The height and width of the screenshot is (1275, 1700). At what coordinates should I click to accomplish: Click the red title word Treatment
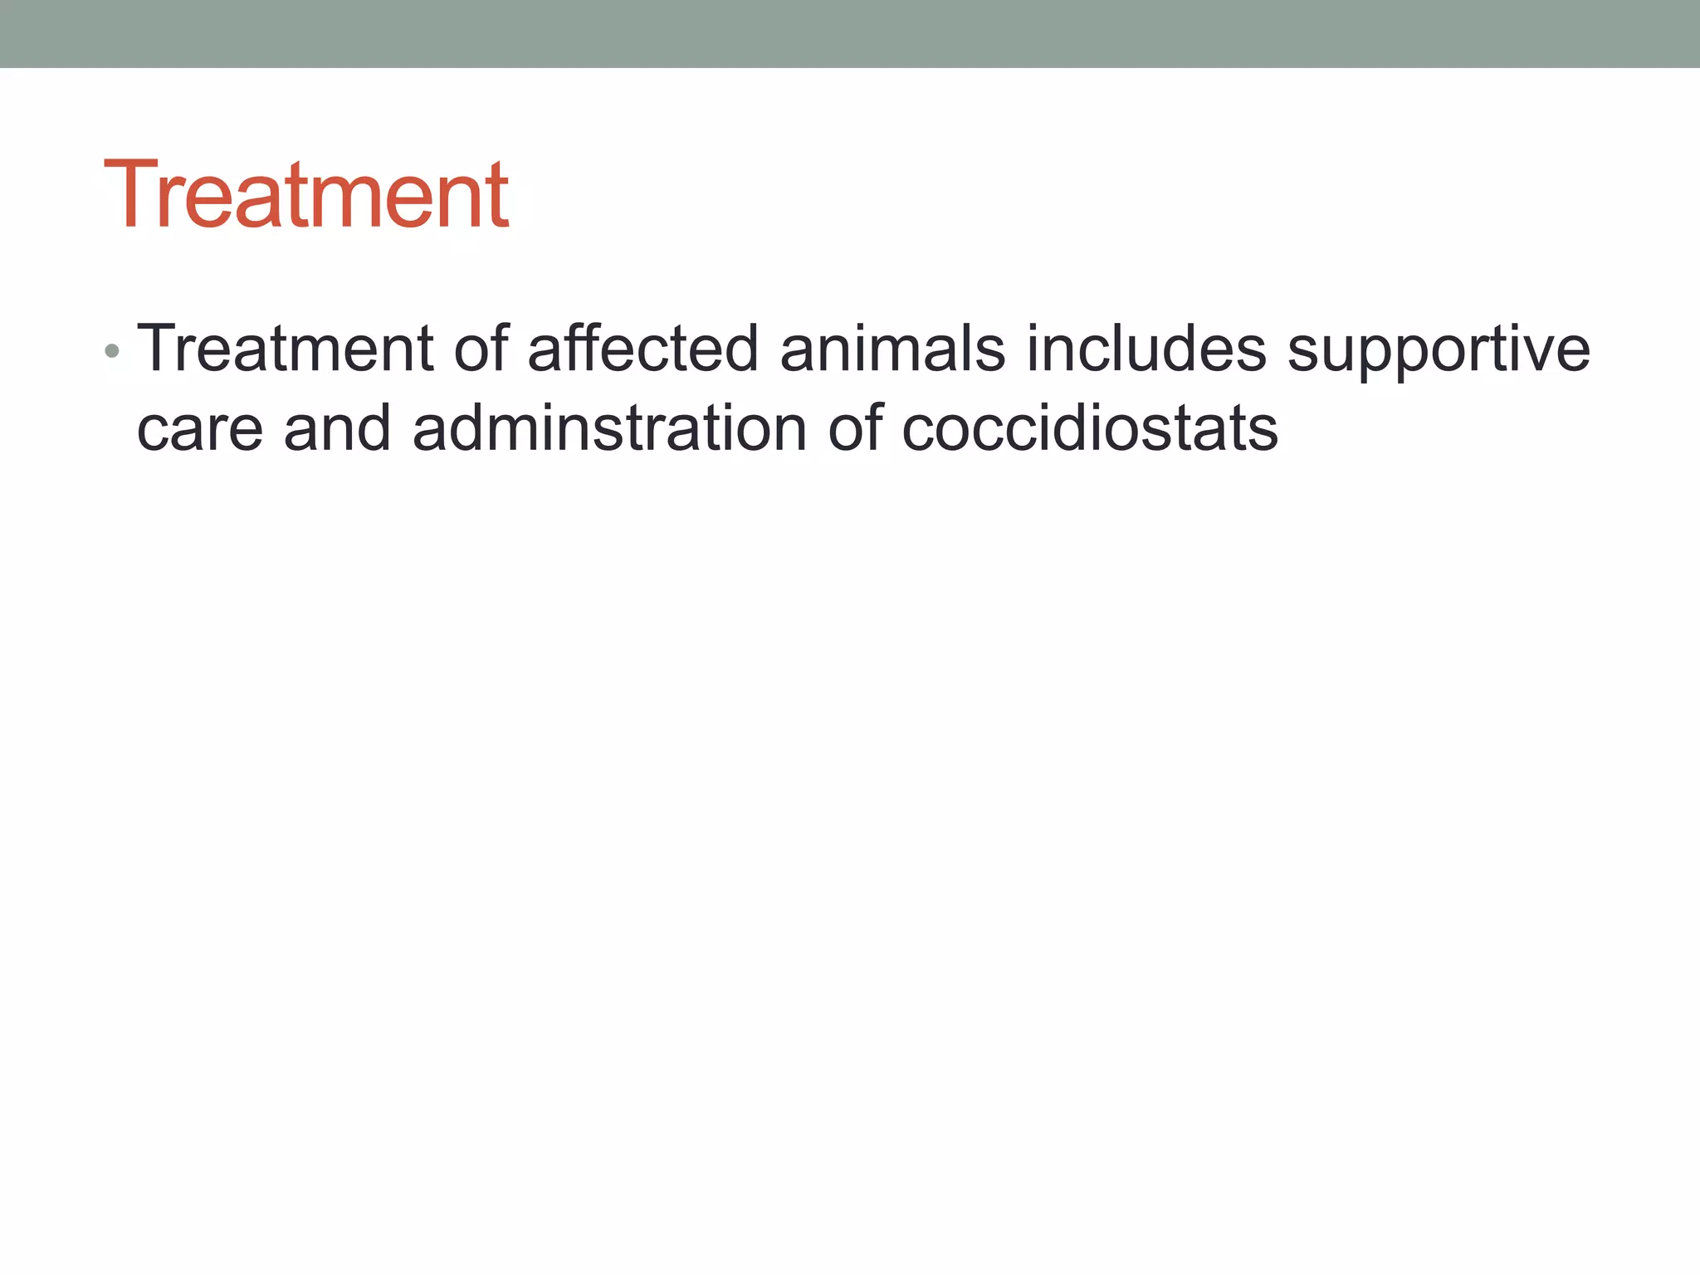pyautogui.click(x=305, y=194)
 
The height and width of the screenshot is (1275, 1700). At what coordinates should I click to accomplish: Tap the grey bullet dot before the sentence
pyautogui.click(x=112, y=352)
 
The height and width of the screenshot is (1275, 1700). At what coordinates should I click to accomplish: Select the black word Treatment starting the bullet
pyautogui.click(x=285, y=349)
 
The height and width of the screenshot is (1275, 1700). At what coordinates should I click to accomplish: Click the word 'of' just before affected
pyautogui.click(x=481, y=349)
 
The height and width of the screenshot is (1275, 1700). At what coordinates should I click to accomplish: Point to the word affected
pyautogui.click(x=643, y=349)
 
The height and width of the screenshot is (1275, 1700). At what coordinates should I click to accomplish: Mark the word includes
pyautogui.click(x=1146, y=349)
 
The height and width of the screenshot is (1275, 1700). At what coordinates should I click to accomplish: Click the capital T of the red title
pyautogui.click(x=133, y=194)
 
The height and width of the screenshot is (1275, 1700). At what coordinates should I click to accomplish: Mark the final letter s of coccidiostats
pyautogui.click(x=1264, y=433)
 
